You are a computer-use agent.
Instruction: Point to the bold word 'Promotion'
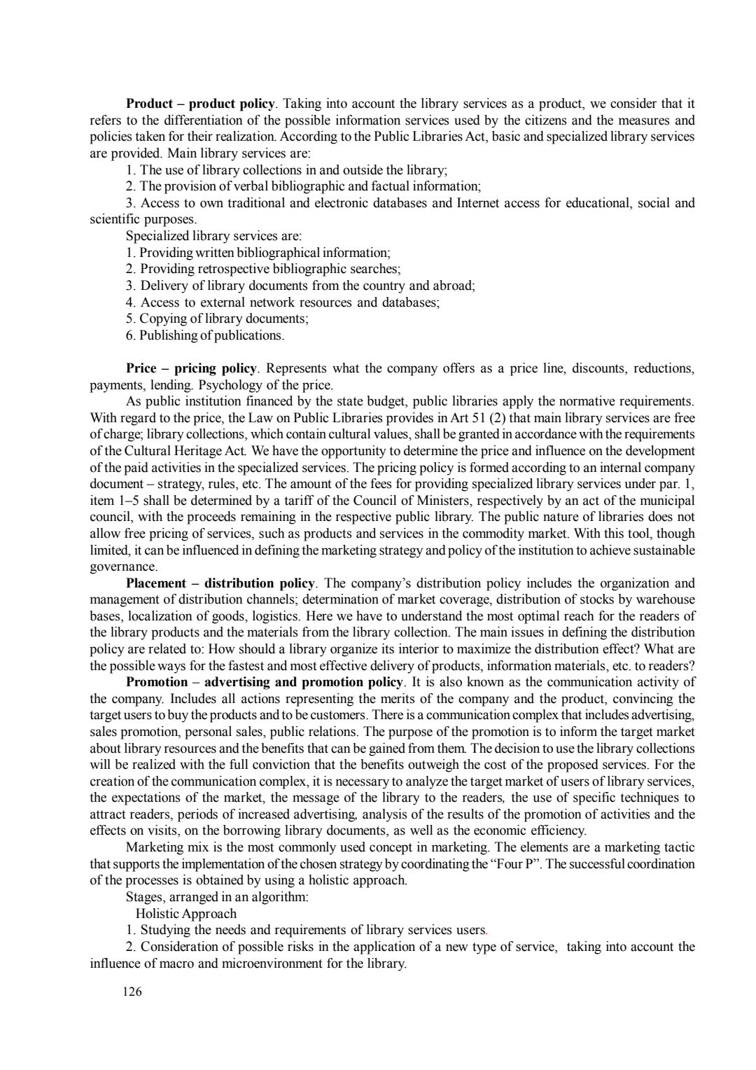pos(157,681)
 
